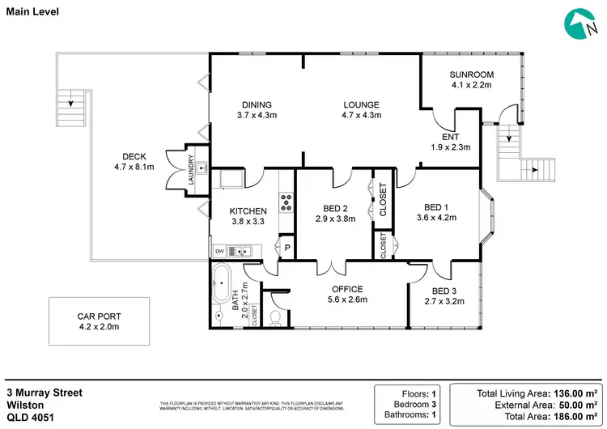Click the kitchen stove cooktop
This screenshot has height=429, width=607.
pos(286,201)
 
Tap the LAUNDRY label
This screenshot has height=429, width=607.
pos(191,168)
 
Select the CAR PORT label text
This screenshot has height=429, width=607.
pos(98,316)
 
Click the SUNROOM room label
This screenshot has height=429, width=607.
pos(471,75)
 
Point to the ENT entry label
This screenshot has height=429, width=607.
pos(451,136)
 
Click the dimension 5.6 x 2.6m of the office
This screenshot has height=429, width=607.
pos(347,299)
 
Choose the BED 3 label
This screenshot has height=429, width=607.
pos(444,291)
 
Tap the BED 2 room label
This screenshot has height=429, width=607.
pos(334,207)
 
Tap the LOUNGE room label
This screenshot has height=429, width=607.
pos(361,104)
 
